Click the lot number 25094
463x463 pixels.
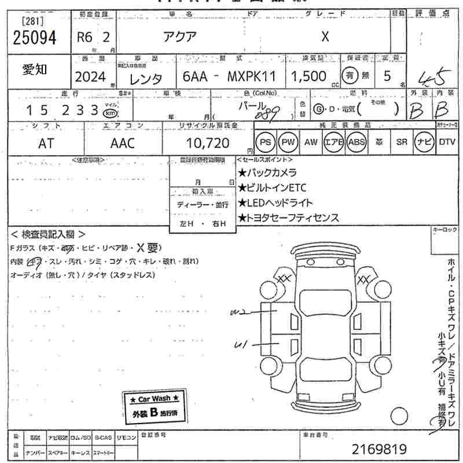point(34,37)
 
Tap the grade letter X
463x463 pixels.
point(325,36)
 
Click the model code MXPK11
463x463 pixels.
point(252,77)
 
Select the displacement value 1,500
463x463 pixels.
point(308,77)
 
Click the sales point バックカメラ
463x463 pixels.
point(269,172)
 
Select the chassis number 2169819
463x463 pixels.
point(380,449)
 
